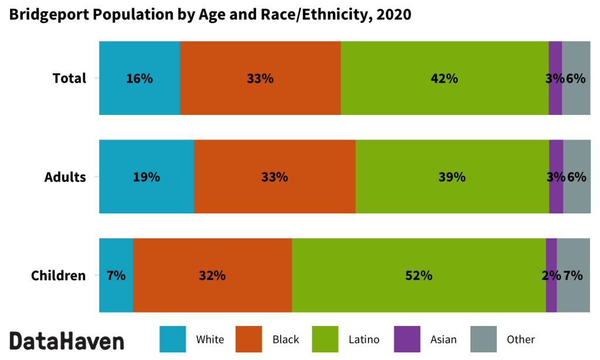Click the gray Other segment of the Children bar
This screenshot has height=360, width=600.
pyautogui.click(x=573, y=293)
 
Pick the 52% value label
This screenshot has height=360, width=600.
pyautogui.click(x=418, y=275)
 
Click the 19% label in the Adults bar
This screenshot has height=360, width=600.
pyautogui.click(x=146, y=176)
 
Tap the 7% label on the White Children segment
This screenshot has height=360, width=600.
pyautogui.click(x=116, y=275)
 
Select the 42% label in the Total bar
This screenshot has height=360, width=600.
pyautogui.click(x=444, y=78)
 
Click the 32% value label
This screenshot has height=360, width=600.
pyautogui.click(x=212, y=275)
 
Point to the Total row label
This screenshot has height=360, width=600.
pyautogui.click(x=69, y=78)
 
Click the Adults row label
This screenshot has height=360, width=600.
pyautogui.click(x=65, y=176)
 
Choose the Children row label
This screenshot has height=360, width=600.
pyautogui.click(x=58, y=275)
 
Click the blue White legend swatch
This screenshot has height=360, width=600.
pyautogui.click(x=173, y=339)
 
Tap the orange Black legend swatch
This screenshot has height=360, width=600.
pyautogui.click(x=249, y=339)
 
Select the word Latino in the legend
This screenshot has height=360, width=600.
pyautogui.click(x=364, y=339)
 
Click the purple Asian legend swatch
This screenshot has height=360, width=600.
pyautogui.click(x=407, y=339)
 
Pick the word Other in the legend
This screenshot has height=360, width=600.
pyautogui.click(x=520, y=339)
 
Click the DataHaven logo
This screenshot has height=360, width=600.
pyautogui.click(x=67, y=341)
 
